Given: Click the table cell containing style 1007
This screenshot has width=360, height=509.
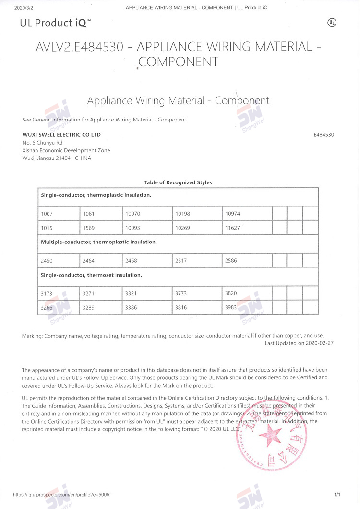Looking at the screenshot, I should (x=59, y=213).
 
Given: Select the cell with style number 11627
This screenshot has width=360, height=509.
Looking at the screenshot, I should (x=247, y=228).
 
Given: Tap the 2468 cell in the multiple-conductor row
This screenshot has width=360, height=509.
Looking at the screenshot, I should (x=147, y=261).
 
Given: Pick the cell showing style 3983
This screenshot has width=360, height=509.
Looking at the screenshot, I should (x=247, y=308).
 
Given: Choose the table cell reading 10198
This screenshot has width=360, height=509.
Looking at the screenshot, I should (x=197, y=213).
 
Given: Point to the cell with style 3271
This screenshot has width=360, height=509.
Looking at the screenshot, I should (x=101, y=293).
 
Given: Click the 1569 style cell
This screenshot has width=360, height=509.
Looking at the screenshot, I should (x=101, y=228).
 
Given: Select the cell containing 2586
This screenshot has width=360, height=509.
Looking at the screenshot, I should (x=247, y=261).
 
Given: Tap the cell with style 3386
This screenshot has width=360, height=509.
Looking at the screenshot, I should (x=147, y=308).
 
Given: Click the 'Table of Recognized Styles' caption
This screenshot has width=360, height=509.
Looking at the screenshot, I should (x=178, y=182).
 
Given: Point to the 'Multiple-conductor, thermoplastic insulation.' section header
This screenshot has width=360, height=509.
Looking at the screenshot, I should (x=99, y=242).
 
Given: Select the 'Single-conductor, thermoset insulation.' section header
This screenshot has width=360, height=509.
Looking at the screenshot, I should (x=91, y=275).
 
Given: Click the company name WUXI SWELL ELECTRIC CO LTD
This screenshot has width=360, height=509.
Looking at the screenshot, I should (x=61, y=135).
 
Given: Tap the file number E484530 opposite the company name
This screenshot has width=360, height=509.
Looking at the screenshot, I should (x=324, y=135).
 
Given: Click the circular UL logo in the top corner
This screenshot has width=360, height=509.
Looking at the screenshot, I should (x=331, y=23).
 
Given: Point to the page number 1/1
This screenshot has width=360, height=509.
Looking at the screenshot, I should (x=337, y=494).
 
